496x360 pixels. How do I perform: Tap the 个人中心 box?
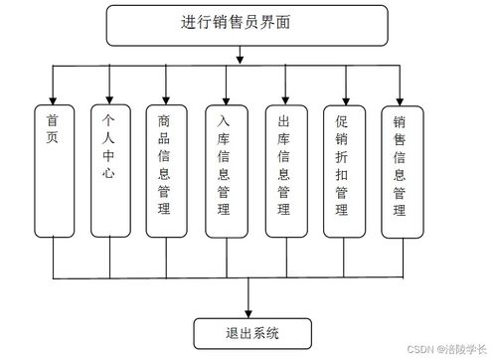tap(109, 169)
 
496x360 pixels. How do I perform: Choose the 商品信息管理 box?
tap(165, 169)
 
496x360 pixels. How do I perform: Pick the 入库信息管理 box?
tap(225, 169)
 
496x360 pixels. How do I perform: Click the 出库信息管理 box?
tap(284, 169)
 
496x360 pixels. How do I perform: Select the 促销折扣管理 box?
tap(343, 169)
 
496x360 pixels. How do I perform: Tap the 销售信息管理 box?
tap(401, 169)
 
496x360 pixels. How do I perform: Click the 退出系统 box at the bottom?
tap(251, 331)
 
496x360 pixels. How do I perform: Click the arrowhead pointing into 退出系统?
tap(251, 311)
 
